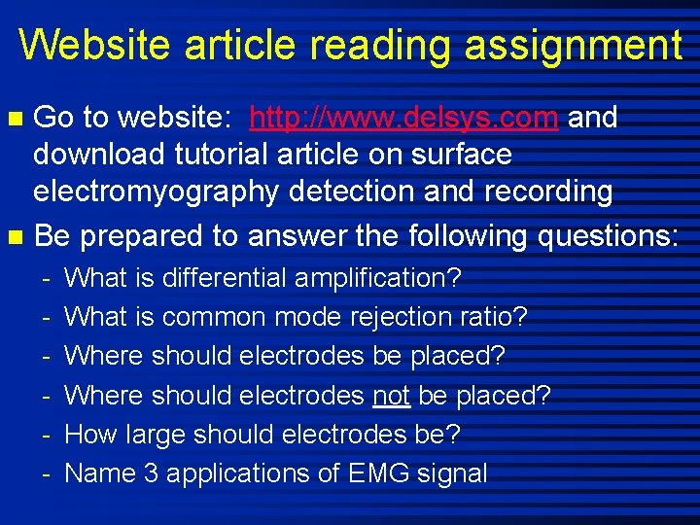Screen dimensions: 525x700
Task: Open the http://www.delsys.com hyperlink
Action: (403, 119)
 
